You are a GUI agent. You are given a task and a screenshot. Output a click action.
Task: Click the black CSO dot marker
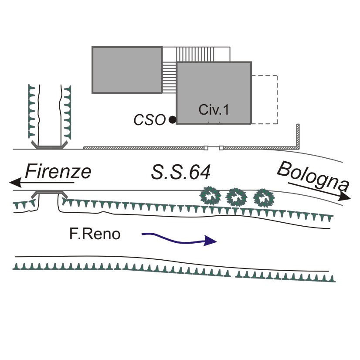tap(173, 119)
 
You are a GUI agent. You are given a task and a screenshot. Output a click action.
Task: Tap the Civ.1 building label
tap(214, 110)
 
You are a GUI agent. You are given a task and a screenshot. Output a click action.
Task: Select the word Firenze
tap(58, 172)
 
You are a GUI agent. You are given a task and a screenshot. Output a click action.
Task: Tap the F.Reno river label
tap(95, 234)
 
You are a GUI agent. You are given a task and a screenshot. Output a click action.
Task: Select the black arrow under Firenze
tap(41, 182)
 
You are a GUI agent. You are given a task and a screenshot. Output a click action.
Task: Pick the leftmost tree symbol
tap(211, 197)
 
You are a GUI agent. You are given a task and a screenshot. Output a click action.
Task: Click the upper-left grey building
tap(127, 70)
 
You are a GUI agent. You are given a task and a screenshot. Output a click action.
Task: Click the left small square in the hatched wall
tap(206, 148)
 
